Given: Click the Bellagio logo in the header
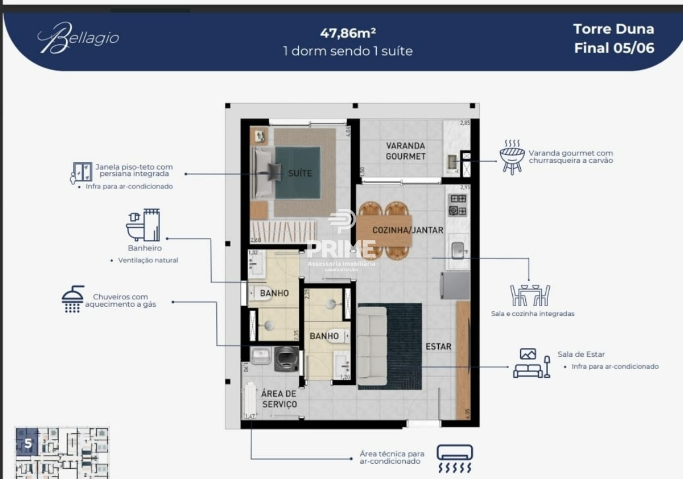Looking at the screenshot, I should click(x=78, y=38).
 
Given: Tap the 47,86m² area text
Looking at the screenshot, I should click(x=348, y=32).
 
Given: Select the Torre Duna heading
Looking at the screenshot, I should click(x=614, y=29).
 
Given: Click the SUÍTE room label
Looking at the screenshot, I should click(x=299, y=173).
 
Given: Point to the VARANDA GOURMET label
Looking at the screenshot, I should click(x=405, y=151).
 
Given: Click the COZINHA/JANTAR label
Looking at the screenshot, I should click(x=408, y=230).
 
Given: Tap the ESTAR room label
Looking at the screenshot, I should click(x=438, y=346).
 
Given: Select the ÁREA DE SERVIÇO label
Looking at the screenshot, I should click(x=279, y=399).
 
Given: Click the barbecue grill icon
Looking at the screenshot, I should click(x=512, y=157).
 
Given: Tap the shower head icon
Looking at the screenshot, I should click(x=73, y=299).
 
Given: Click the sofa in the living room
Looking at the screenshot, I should click(x=372, y=346).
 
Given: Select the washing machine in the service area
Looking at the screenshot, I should click(x=286, y=359).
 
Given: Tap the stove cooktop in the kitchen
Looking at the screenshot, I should click(x=458, y=204).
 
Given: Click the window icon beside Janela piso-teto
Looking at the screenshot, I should click(x=83, y=171).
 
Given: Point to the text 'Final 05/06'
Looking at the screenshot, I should click(x=614, y=48).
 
